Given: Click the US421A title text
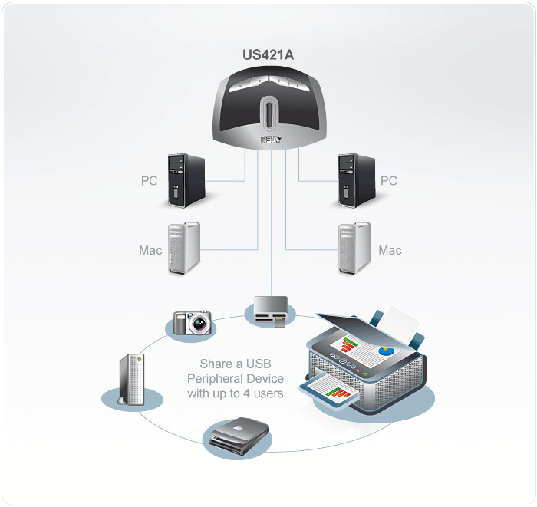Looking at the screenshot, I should (267, 55).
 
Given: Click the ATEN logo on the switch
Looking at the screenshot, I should (272, 140).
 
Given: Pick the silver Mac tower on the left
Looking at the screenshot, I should (183, 249).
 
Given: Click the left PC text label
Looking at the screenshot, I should (150, 181).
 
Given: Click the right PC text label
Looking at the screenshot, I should (389, 181).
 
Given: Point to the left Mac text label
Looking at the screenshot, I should (150, 250).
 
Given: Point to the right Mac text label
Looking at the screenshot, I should (390, 250).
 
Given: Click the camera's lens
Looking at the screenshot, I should (200, 324).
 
